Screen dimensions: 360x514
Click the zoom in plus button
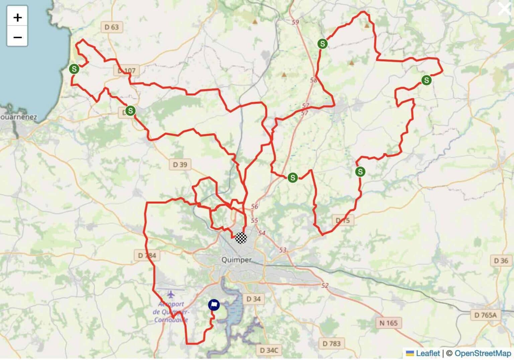pos(17,17)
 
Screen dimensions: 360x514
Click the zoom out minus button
pos(17,37)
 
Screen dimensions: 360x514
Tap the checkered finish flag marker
pos(241,238)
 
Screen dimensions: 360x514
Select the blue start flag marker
pos(214,305)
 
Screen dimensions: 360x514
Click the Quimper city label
pos(236,260)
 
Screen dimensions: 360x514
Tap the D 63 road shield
pos(112,27)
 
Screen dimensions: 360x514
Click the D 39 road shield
pos(180,164)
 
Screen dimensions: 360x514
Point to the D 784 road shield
pos(147,255)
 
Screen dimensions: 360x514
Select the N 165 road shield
pos(389,323)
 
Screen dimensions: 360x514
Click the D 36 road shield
pos(501,261)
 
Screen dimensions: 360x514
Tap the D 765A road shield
pos(486,315)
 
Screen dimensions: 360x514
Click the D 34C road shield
pos(269,350)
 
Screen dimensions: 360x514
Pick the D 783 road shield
pos(331,344)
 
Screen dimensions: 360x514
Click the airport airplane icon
pos(171,295)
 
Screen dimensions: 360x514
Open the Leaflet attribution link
pos(427,353)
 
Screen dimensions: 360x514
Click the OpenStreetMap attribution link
pos(483,353)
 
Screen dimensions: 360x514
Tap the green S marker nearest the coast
pos(74,69)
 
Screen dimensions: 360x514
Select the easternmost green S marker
pos(426,80)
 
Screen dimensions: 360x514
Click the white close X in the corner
pos(505,9)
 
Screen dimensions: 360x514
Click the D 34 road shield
pos(253,299)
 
